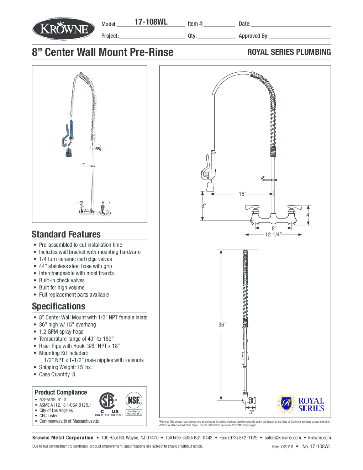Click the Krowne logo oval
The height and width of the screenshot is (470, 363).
(x=64, y=29)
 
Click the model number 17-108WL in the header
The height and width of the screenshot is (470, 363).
(x=151, y=22)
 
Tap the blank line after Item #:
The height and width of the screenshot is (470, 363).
(x=219, y=24)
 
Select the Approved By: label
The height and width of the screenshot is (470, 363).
(x=253, y=36)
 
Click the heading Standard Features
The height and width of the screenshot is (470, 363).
(x=66, y=234)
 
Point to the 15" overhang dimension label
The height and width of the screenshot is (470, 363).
(x=242, y=194)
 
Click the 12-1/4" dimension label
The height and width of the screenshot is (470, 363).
(x=273, y=235)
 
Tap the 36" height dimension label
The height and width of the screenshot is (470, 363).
(x=222, y=324)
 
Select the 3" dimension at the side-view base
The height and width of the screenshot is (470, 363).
(x=251, y=412)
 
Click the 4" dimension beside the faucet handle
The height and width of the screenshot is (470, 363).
(x=309, y=215)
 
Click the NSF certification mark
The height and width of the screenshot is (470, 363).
(x=134, y=401)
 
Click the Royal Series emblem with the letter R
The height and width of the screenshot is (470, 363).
(x=286, y=404)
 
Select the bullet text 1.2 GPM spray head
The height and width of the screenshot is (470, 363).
(x=61, y=331)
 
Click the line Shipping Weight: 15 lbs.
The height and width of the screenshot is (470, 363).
(x=65, y=367)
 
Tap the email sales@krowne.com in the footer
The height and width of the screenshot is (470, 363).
(x=283, y=438)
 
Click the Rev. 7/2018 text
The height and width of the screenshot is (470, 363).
(x=283, y=446)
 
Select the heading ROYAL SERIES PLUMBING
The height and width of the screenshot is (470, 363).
(x=289, y=52)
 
